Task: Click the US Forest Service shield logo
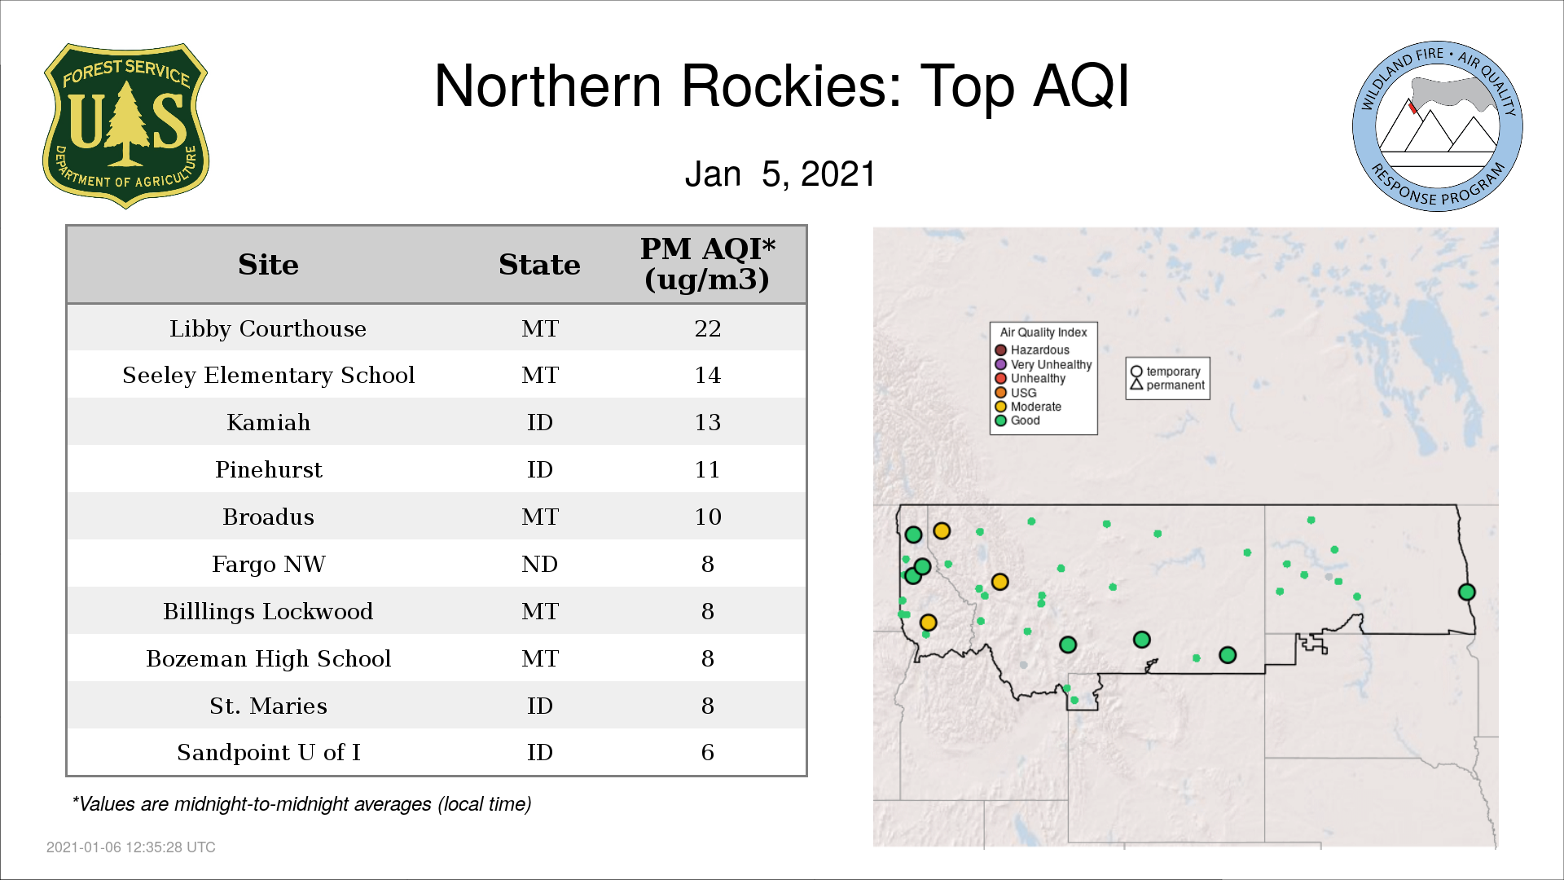coord(125,126)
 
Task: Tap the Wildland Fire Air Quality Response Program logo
coord(1438,126)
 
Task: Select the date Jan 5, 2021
coord(780,174)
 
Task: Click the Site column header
coord(268,265)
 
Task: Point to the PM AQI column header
coord(707,264)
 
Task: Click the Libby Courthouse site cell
coord(268,328)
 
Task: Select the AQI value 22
coord(707,328)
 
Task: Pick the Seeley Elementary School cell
coord(268,376)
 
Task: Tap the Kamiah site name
coord(268,422)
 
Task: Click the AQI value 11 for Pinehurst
coord(707,469)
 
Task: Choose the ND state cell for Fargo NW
coord(539,564)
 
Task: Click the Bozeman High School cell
coord(268,658)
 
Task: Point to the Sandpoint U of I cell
coord(268,752)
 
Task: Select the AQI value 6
coord(707,752)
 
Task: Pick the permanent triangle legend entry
coord(1167,385)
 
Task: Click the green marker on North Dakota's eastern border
coord(1466,592)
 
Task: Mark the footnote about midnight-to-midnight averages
coord(301,804)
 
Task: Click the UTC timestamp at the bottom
coord(131,847)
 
